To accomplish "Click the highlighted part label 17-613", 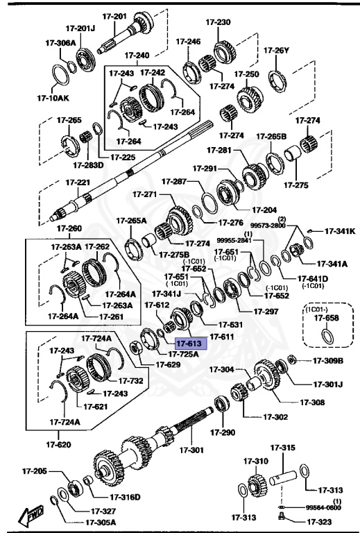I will tap(187, 343).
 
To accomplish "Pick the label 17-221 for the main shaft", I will tap(78, 183).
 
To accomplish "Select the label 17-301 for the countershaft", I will tap(193, 451).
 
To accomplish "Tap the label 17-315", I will tap(283, 448).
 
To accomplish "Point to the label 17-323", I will tap(316, 521).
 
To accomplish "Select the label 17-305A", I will tap(101, 523).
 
